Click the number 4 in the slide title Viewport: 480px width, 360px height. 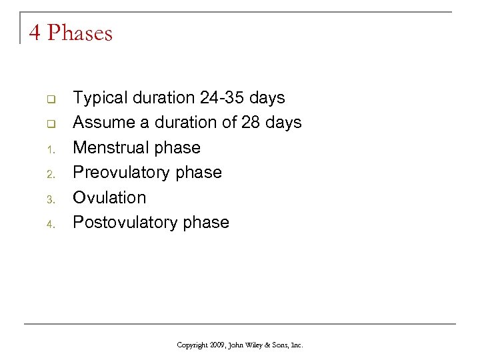point(35,33)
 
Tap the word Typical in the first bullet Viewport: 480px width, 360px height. point(101,98)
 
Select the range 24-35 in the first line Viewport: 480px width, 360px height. point(221,98)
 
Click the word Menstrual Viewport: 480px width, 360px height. point(111,147)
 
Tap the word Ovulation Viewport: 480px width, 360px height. point(109,197)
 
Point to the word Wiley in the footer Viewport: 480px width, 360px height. point(255,345)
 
